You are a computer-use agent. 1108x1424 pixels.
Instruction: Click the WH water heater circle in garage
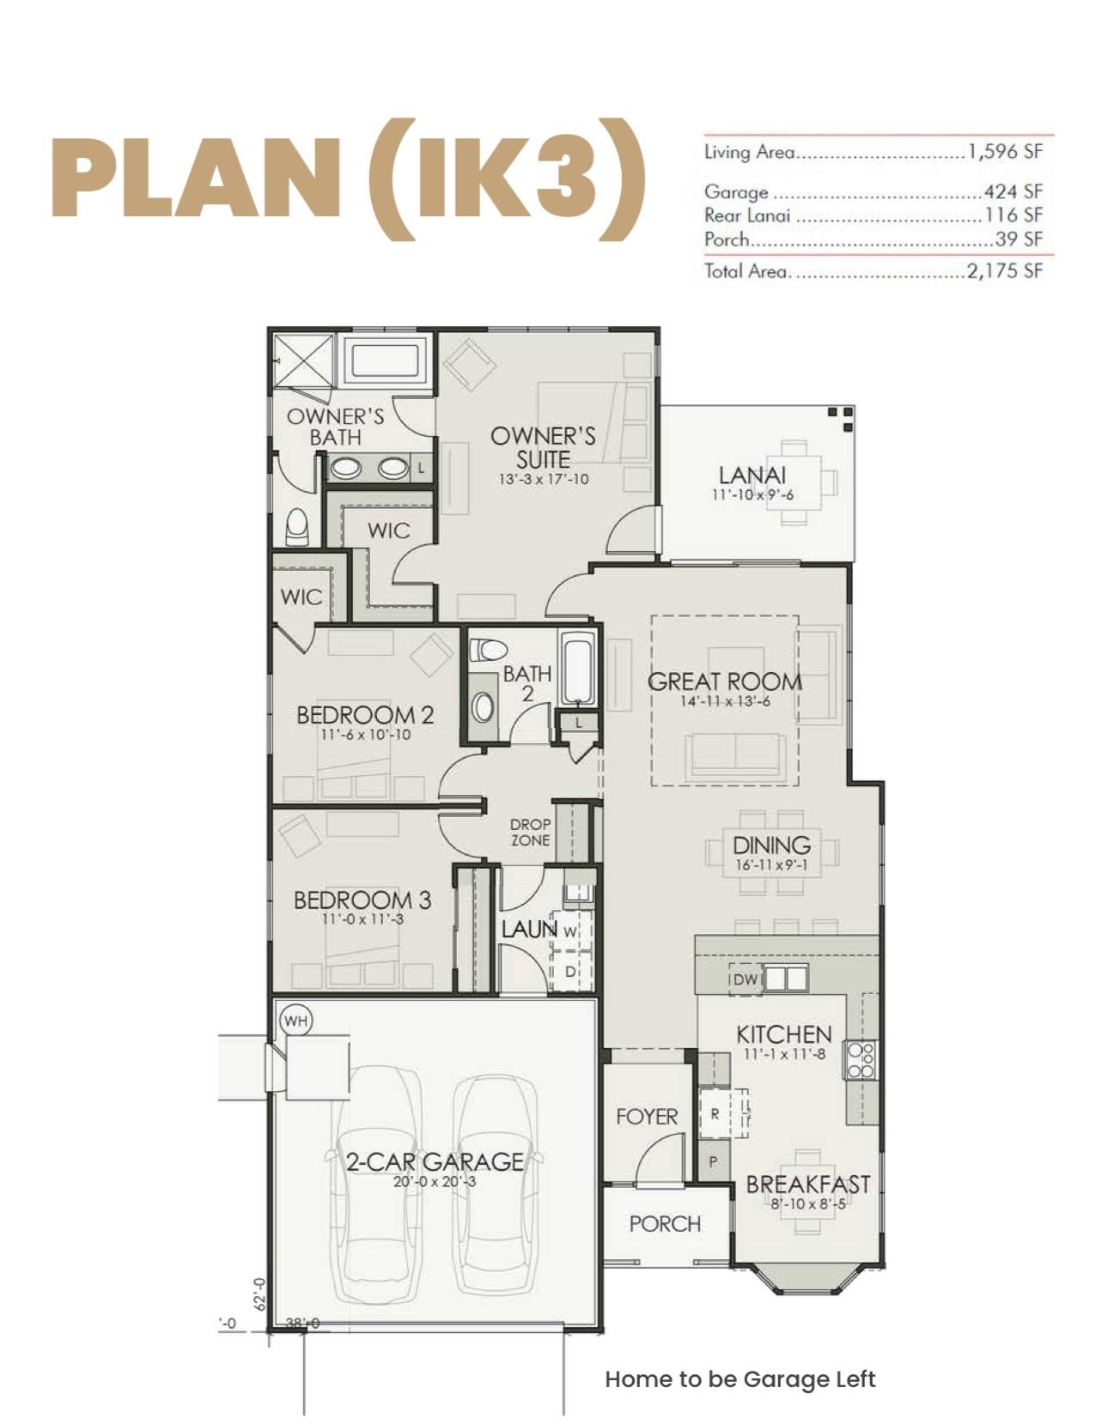(x=295, y=1021)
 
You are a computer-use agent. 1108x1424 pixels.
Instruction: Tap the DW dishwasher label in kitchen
(x=746, y=979)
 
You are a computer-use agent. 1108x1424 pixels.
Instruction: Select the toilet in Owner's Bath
(x=296, y=526)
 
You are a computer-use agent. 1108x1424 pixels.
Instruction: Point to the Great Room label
(x=724, y=682)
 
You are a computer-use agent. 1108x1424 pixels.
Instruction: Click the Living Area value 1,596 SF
(x=1005, y=152)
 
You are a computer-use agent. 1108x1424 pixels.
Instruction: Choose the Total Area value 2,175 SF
(x=1005, y=271)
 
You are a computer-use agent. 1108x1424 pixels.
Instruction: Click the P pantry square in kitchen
(x=713, y=1161)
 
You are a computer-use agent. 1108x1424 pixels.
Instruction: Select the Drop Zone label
(x=530, y=832)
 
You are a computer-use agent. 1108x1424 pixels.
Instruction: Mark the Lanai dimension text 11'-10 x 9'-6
(x=752, y=494)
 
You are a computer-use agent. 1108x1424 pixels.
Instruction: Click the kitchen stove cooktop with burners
(x=861, y=1060)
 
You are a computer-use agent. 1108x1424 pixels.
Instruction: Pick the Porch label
(x=665, y=1223)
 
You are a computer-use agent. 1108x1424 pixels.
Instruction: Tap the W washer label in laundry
(x=569, y=930)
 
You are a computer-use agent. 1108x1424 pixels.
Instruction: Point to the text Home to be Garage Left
(x=740, y=1380)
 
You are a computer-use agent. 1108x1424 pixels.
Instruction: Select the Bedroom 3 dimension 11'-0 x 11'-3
(x=362, y=919)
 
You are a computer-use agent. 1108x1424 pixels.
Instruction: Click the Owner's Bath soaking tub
(x=385, y=361)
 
